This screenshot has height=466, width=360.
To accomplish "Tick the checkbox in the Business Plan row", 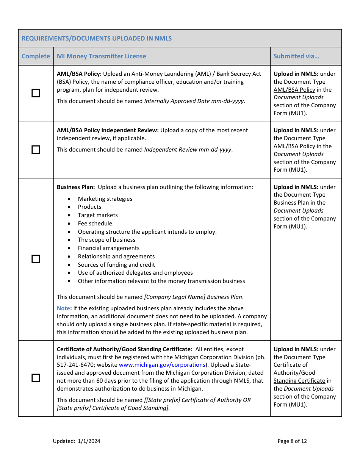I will coord(36,259).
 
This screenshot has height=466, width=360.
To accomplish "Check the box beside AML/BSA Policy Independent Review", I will coord(36,150).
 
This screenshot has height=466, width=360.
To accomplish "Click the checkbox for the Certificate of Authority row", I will coord(36,378).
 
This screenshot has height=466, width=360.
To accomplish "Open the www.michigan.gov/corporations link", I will coord(162,365).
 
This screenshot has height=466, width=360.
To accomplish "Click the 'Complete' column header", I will coord(36,56).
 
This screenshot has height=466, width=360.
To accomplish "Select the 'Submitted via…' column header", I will coord(296,56).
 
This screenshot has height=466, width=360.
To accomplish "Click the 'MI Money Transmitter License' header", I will coord(101,56).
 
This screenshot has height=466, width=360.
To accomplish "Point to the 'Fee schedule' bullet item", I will coord(95,224).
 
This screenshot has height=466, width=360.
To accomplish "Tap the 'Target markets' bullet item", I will coord(98,215).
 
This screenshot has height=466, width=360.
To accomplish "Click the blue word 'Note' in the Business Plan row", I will coord(63,308).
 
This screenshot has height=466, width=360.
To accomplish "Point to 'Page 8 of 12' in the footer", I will coord(292,441).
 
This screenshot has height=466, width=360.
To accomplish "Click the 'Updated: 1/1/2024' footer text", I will coord(77,441).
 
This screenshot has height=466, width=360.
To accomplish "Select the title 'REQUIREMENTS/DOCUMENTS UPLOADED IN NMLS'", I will coord(97,38).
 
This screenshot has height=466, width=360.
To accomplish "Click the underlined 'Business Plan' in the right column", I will coord(291,203).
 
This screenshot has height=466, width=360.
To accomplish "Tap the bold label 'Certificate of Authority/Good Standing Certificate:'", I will coord(124,349).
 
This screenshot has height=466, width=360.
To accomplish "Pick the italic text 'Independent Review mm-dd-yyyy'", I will coord(188,150).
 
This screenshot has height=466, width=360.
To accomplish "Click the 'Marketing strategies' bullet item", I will coord(105,199).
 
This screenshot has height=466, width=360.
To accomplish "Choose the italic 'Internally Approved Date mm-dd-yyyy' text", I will coord(194,101).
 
